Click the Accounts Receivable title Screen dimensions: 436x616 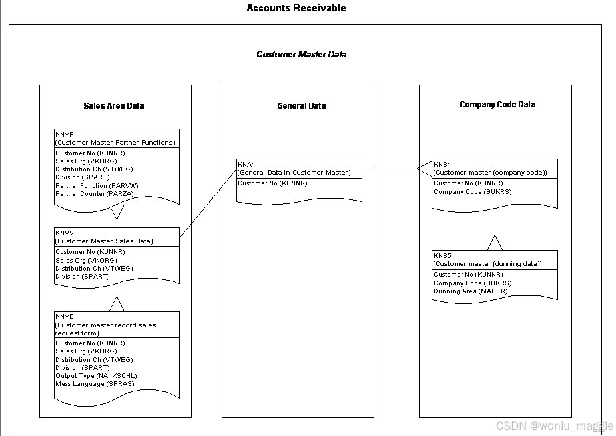(x=296, y=8)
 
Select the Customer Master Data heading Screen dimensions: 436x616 (x=301, y=54)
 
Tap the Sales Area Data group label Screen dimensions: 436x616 (x=113, y=105)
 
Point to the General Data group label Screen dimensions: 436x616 (x=301, y=105)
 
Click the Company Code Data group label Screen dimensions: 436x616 (x=497, y=105)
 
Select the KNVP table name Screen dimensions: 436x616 (x=65, y=134)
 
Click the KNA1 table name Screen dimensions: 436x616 (x=246, y=164)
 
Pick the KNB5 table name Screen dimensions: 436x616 (x=442, y=255)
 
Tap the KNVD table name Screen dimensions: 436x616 (x=65, y=317)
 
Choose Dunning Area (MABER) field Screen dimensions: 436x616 (x=470, y=291)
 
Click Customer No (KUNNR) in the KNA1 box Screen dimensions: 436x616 (x=273, y=183)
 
